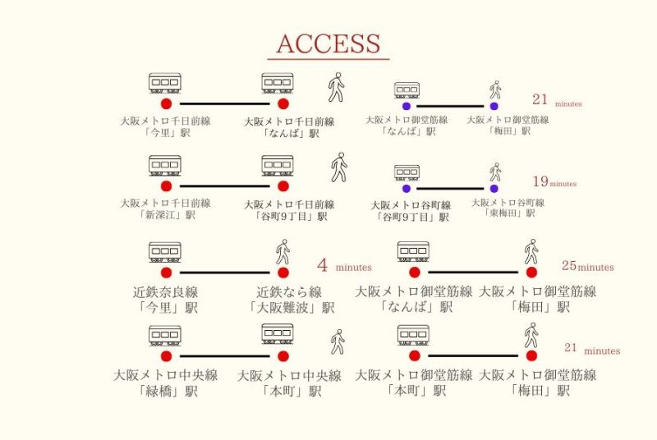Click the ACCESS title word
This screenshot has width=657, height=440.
(328, 44)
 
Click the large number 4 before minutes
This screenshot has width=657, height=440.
(323, 266)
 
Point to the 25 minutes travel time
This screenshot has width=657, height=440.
(587, 266)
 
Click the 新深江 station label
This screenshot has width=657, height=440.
(166, 209)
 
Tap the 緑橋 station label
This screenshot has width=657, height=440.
(166, 384)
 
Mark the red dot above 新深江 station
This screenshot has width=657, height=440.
(166, 186)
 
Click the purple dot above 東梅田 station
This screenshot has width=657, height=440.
(494, 188)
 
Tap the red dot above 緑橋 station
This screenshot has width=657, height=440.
(166, 356)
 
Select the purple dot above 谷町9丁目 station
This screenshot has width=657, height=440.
(406, 188)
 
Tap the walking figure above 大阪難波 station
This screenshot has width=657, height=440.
(283, 251)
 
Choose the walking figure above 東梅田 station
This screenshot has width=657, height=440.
(494, 172)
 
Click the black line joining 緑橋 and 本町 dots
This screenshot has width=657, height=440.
(224, 356)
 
